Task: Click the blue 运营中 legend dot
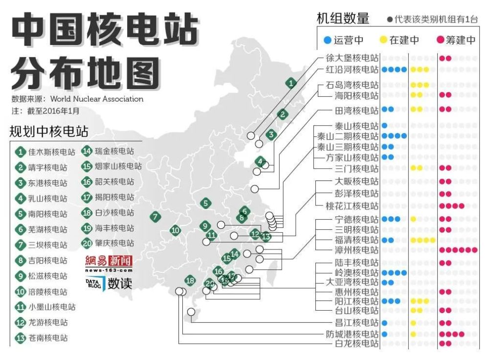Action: click(x=327, y=40)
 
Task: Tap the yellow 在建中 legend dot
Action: click(x=382, y=40)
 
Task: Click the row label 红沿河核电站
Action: click(x=352, y=69)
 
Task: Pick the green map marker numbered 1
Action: click(x=291, y=83)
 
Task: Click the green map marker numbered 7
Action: click(x=155, y=217)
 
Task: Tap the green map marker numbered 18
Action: click(x=190, y=281)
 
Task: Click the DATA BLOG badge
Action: click(x=95, y=283)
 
